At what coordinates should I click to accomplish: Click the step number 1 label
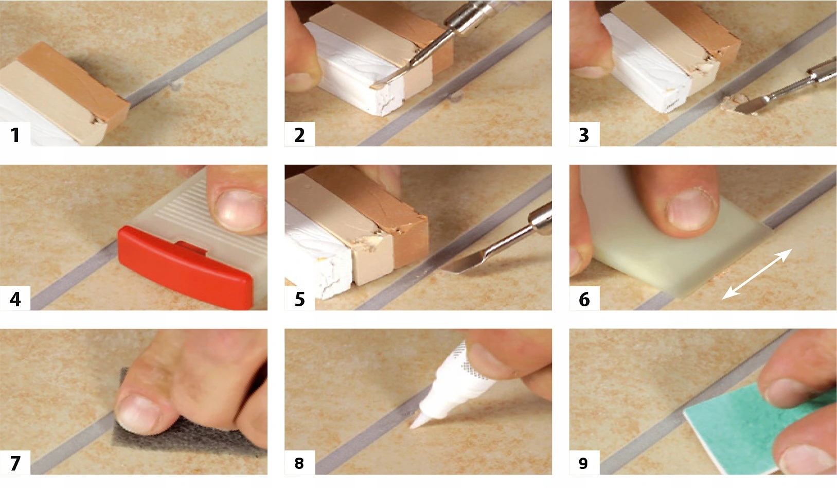click(x=15, y=135)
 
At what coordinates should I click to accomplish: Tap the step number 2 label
click(x=300, y=135)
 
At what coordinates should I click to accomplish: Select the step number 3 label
click(x=584, y=135)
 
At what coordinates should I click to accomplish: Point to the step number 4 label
click(x=15, y=299)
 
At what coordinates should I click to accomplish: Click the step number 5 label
click(x=300, y=299)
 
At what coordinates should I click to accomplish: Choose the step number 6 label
click(x=584, y=299)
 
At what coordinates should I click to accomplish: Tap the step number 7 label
click(x=15, y=463)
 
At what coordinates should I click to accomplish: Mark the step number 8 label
click(x=299, y=463)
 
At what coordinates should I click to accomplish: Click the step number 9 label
click(x=584, y=463)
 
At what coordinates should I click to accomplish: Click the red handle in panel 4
click(x=185, y=266)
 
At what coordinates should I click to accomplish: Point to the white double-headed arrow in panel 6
click(x=757, y=274)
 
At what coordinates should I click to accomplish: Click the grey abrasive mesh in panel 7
click(x=187, y=438)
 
